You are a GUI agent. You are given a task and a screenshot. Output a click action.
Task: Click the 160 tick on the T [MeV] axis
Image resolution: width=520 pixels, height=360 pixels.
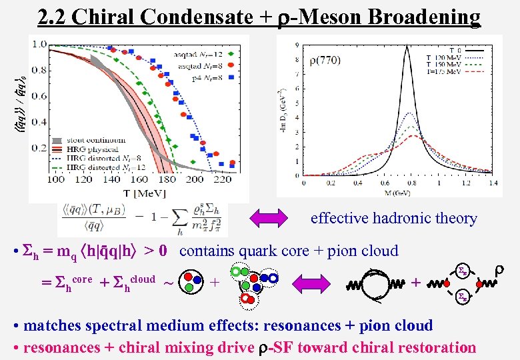tap(139, 179)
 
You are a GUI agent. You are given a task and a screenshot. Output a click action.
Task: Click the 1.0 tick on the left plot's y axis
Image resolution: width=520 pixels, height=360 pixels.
tap(39, 44)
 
